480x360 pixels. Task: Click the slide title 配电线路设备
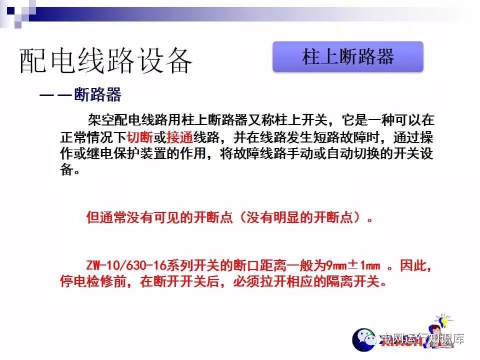(x=105, y=61)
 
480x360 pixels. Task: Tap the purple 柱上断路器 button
(x=348, y=57)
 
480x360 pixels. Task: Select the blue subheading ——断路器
(x=80, y=94)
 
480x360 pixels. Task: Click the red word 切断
(x=140, y=137)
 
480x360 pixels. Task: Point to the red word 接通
(x=179, y=137)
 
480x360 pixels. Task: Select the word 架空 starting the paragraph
(x=101, y=119)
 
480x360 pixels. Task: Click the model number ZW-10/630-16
(x=127, y=265)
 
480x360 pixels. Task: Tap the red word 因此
(x=413, y=265)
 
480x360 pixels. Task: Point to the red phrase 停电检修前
(x=93, y=281)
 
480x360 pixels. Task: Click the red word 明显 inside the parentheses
(x=286, y=217)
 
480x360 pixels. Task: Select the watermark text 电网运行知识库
(x=422, y=338)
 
